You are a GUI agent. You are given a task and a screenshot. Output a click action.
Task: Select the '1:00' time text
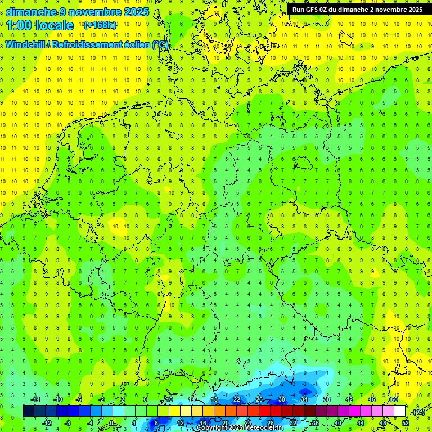pos(19,25)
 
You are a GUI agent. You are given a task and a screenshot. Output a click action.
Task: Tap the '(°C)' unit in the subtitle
pos(160,44)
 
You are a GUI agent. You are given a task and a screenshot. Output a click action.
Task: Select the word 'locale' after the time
pos(55,25)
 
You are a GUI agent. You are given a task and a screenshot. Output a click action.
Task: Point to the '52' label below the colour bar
pos(406,423)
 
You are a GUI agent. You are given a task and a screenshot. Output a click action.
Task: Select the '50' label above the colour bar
pos(394,399)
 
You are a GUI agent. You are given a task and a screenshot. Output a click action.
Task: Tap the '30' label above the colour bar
pos(282,399)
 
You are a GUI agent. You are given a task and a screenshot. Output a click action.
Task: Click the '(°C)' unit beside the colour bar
pos(418,412)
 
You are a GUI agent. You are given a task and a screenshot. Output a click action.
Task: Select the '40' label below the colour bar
pos(338,423)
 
